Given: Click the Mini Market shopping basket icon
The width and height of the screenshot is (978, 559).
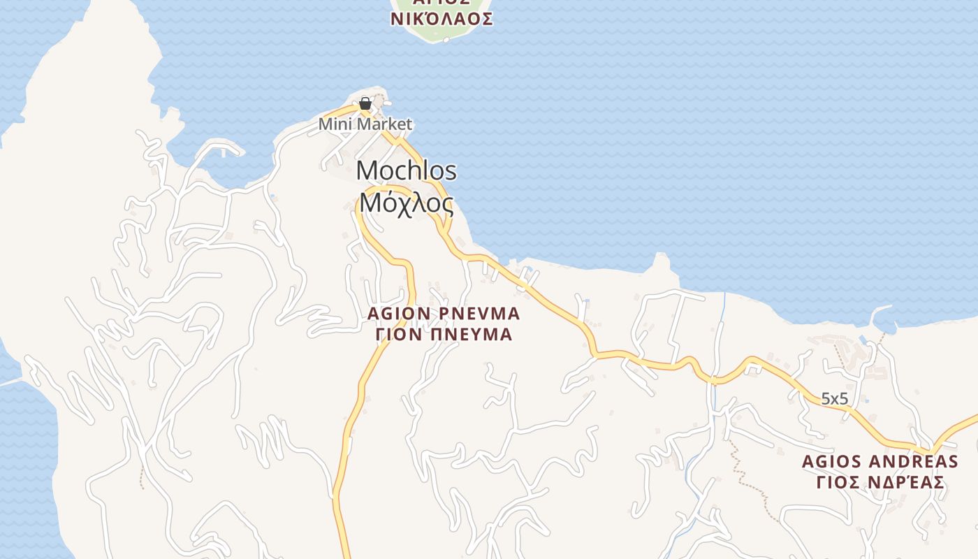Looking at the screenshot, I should coord(365,104).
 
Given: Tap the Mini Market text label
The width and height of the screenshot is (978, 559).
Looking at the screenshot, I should coord(365,124).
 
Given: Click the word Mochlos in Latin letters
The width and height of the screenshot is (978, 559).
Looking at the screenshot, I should coord(407,170).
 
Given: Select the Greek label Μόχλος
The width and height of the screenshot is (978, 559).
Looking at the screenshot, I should coord(407,203).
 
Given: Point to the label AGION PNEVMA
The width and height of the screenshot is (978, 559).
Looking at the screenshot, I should coord(444,313).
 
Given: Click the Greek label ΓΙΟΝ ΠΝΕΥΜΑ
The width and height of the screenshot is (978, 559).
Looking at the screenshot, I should coord(444,335).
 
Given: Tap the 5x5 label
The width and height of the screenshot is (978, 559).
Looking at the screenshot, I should coord(834,399).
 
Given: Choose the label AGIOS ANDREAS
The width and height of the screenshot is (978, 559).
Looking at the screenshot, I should coord(880,461).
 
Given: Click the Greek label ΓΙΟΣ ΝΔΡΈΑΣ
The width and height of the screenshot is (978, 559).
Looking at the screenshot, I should coord(880,482).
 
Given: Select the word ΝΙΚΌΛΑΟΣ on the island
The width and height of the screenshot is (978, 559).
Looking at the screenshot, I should coord(441,19).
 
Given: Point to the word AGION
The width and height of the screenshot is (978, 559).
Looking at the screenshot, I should coord(397,313).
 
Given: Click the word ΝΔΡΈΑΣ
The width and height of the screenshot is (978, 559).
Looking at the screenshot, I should coord(907,482).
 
